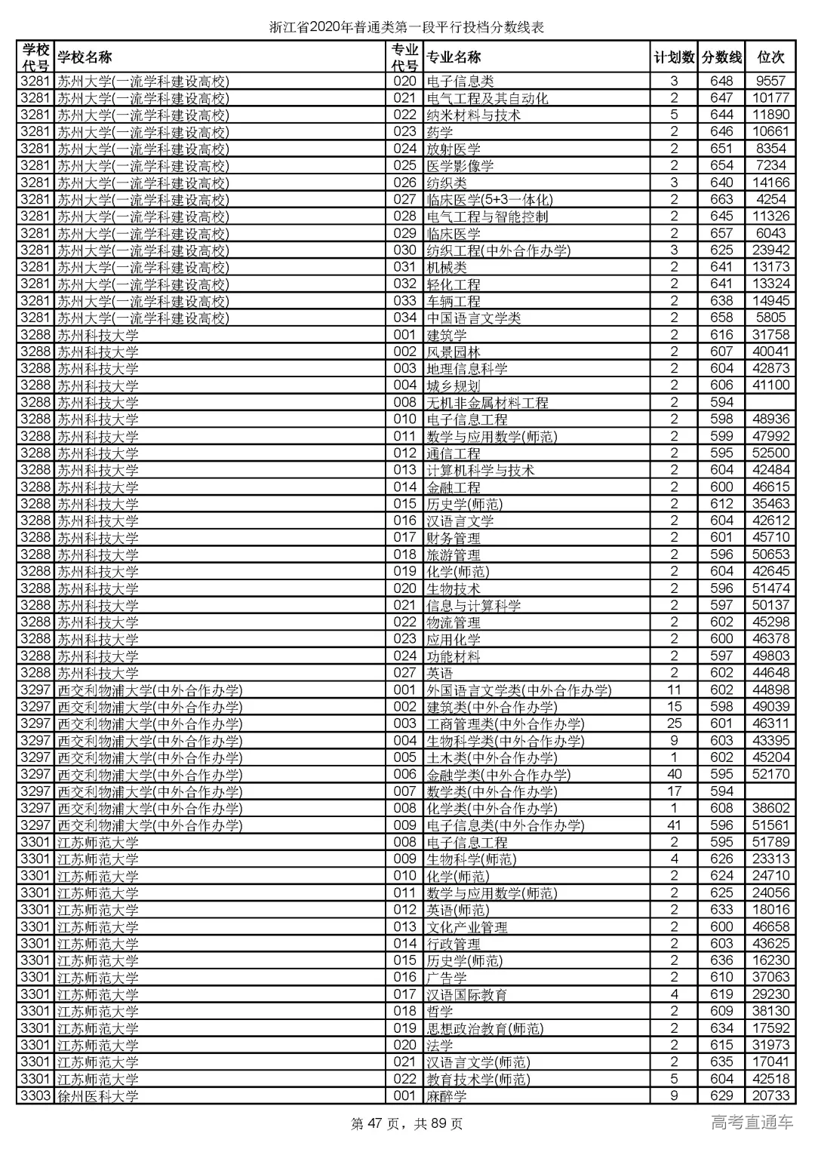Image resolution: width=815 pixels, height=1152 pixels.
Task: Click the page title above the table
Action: pos(407,28)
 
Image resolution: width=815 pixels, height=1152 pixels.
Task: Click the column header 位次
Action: pos(770,57)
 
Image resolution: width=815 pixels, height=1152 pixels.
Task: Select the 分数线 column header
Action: pos(721,57)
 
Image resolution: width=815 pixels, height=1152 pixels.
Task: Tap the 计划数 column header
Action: pos(674,57)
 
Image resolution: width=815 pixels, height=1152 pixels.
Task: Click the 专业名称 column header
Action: pos(454,57)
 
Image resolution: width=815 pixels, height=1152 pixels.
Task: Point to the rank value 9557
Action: pos(770,81)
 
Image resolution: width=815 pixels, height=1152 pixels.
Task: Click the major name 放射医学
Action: pos(454,149)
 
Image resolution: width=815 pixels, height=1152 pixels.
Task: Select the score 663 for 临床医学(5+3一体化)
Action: pos(721,200)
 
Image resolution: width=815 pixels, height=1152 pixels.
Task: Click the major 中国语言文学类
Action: pos(474,318)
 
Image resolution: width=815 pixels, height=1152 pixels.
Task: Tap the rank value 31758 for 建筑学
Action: pos(770,335)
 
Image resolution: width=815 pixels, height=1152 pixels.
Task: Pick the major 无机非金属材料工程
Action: pos(487,403)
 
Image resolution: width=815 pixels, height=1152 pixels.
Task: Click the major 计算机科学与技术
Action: pos(481,470)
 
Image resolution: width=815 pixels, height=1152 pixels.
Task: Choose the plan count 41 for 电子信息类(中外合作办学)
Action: pos(674,825)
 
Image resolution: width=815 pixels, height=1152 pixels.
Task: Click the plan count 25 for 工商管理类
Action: pos(674,723)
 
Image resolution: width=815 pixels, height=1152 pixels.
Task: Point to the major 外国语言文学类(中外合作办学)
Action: pos(519,690)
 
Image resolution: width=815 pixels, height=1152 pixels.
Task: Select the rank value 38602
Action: pos(770,808)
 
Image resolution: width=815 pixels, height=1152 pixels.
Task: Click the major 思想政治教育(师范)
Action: pos(485,1028)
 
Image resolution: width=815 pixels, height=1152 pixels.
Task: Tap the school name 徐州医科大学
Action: pos(98,1096)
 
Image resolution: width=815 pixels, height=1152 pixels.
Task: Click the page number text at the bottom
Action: pos(407,1124)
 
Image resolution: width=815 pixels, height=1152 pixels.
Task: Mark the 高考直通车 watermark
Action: pos(752,1123)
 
